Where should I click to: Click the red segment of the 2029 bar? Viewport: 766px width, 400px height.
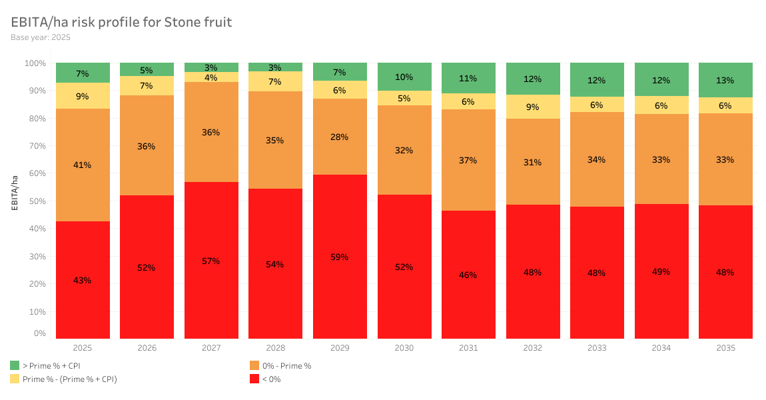click(x=340, y=280)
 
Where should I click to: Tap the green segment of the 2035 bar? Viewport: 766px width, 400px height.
click(x=725, y=80)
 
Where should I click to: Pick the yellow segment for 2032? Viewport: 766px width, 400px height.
click(x=533, y=107)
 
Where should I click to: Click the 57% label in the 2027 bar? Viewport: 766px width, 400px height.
click(x=211, y=261)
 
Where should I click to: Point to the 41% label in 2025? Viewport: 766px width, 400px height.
click(x=83, y=165)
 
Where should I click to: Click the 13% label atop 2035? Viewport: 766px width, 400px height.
click(x=725, y=81)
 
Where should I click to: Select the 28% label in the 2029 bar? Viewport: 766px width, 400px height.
click(x=340, y=137)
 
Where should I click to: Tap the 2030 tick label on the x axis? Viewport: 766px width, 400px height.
click(x=404, y=348)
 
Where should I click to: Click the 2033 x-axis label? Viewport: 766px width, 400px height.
click(x=597, y=348)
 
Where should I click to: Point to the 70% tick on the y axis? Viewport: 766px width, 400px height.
click(x=35, y=146)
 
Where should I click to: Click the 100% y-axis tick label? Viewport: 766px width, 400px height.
click(x=35, y=63)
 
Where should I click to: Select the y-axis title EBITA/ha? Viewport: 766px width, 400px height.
click(x=15, y=191)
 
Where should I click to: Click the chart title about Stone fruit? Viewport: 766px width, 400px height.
click(x=121, y=22)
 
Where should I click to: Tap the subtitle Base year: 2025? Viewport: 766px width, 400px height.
click(x=41, y=37)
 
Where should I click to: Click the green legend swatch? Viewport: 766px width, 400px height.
click(x=15, y=365)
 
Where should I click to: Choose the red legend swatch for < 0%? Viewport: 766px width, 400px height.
click(x=254, y=379)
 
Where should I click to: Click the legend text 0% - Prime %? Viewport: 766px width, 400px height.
click(x=286, y=365)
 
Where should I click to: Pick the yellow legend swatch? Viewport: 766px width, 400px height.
click(x=15, y=379)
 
